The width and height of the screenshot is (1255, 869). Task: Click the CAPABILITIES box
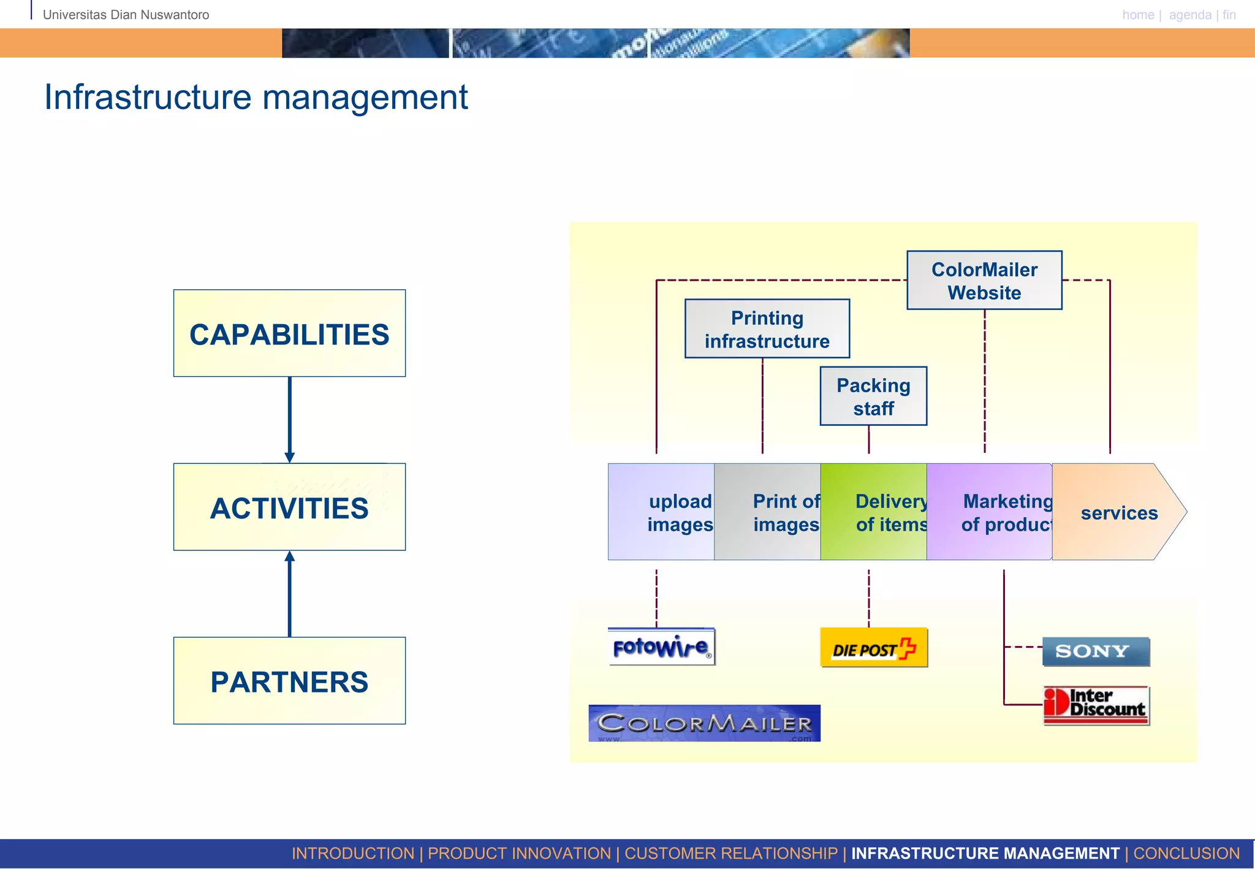[289, 333]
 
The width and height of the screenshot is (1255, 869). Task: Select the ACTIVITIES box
[289, 507]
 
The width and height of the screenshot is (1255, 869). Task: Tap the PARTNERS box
[289, 681]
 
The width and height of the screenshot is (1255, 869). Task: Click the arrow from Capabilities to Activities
[290, 419]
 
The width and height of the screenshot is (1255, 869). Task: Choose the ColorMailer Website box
[984, 280]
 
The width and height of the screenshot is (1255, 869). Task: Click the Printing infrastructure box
[767, 329]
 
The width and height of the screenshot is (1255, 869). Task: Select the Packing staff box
[873, 396]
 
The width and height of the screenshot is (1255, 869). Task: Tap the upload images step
[662, 512]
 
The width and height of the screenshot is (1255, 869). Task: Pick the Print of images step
[768, 512]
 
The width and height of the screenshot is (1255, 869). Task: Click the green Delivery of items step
[874, 512]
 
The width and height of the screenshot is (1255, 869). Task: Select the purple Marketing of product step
[989, 512]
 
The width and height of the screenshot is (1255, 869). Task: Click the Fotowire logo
[661, 647]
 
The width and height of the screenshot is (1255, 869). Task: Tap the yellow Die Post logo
[873, 648]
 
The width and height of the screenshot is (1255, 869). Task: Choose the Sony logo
[1095, 651]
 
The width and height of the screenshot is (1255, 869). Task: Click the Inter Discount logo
[1096, 705]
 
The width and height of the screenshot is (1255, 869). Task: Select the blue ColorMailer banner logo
[704, 723]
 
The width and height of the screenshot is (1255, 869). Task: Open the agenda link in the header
[1189, 15]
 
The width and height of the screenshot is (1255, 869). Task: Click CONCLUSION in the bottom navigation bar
[1186, 853]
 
